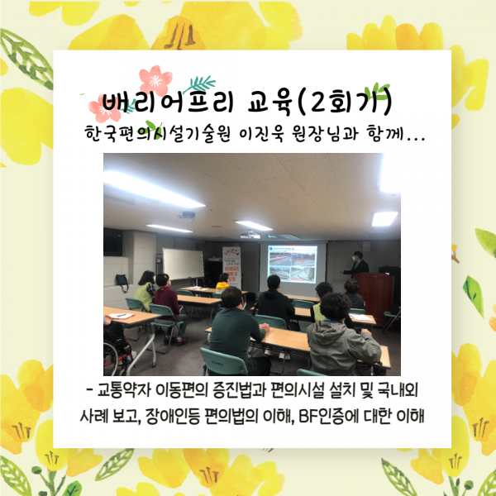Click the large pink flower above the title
(x=155, y=80)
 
